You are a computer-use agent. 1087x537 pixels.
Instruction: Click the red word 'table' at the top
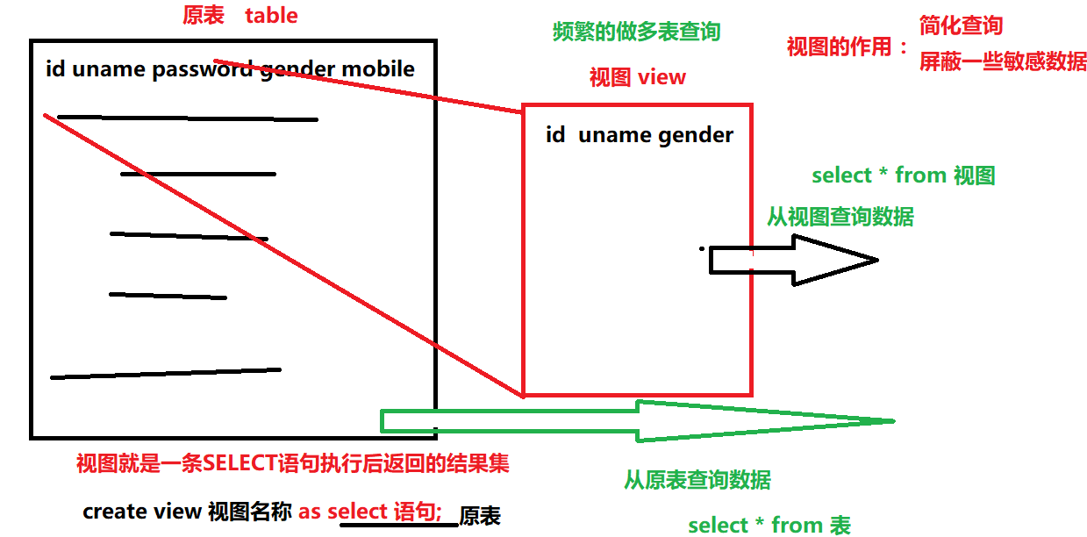[271, 15]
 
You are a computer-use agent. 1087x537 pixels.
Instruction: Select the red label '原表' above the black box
[203, 15]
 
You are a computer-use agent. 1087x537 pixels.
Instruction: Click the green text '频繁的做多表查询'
[636, 32]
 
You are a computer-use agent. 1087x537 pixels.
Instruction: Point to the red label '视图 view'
[638, 77]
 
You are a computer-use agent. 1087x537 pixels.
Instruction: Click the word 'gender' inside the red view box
[697, 135]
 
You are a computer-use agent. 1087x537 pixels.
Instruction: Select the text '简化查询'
[961, 25]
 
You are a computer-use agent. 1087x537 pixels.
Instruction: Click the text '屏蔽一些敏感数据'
[1003, 61]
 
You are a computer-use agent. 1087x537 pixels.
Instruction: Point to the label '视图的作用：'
[848, 47]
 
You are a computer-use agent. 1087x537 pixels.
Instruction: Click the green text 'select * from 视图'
[903, 175]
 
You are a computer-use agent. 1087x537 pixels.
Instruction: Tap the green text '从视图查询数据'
[840, 216]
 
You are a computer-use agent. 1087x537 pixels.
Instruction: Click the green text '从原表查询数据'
[697, 479]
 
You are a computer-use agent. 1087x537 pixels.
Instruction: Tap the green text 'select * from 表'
[769, 525]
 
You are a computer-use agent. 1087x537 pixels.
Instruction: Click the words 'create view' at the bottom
[142, 512]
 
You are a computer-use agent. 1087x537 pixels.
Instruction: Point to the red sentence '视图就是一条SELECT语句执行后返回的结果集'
[292, 463]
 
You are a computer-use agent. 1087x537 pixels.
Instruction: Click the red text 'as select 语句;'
[369, 512]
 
